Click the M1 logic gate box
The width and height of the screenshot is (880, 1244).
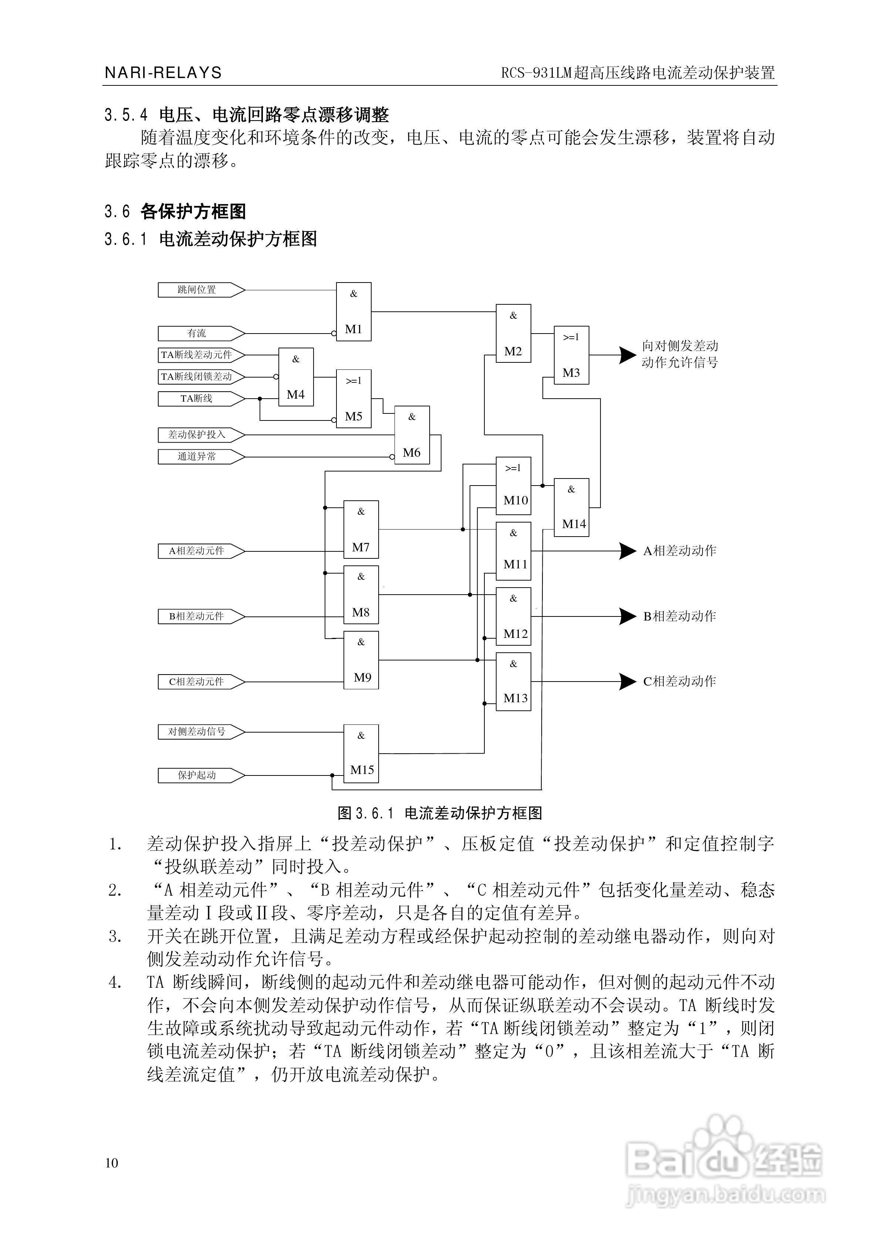(x=353, y=311)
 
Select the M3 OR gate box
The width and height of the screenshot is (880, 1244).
(x=571, y=355)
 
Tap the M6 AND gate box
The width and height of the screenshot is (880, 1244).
(x=412, y=435)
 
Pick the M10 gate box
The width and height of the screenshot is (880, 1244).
(x=513, y=486)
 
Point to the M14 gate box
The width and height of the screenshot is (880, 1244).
(x=571, y=508)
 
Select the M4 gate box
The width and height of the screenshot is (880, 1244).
(x=296, y=377)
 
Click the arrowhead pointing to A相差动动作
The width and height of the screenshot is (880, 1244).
(x=627, y=551)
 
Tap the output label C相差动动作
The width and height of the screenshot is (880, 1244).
(x=680, y=682)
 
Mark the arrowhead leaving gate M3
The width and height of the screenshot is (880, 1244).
(x=627, y=355)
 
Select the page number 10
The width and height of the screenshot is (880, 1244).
(x=112, y=1163)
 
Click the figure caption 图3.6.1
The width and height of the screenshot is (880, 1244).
(x=440, y=813)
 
